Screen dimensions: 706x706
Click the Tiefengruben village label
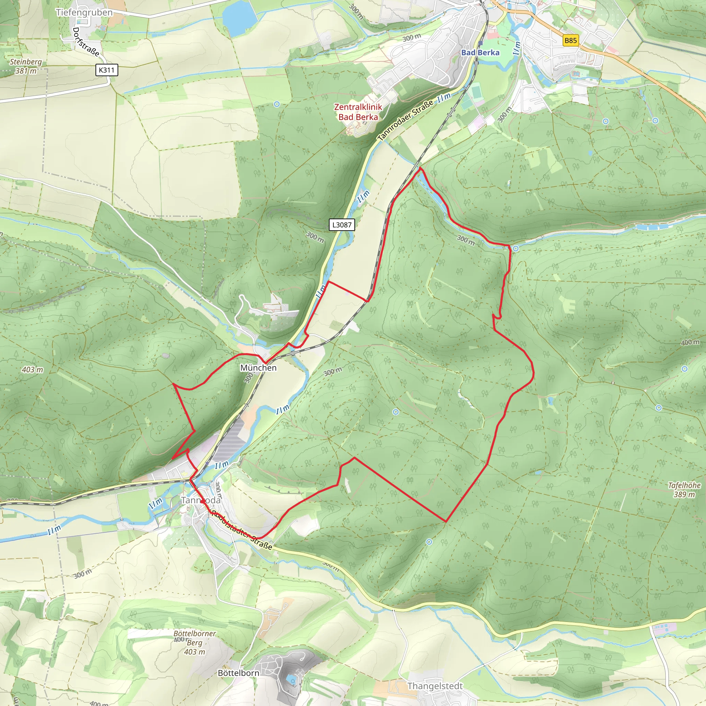click(x=84, y=12)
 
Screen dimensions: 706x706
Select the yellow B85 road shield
click(x=571, y=41)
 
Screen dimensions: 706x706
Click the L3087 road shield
click(x=342, y=225)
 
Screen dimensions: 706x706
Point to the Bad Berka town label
click(x=480, y=53)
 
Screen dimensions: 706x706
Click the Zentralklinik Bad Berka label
click(x=358, y=112)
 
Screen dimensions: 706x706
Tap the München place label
click(x=258, y=367)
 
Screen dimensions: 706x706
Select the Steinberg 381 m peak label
click(x=26, y=66)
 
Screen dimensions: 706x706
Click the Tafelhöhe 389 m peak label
click(x=684, y=490)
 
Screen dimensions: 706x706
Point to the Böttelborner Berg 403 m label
click(x=195, y=643)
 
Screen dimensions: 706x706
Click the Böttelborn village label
click(x=238, y=673)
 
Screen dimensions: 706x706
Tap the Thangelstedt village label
click(x=435, y=686)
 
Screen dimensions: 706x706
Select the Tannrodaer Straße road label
click(x=406, y=120)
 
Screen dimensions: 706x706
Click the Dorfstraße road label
click(x=86, y=42)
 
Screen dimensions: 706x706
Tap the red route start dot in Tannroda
click(x=202, y=502)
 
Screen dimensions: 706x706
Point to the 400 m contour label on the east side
click(x=690, y=342)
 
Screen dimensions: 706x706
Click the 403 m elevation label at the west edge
click(x=32, y=370)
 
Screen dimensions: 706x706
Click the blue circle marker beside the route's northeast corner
click(x=515, y=249)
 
